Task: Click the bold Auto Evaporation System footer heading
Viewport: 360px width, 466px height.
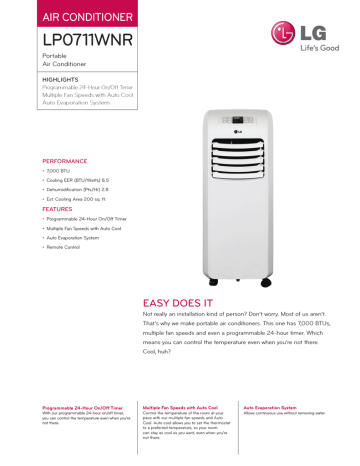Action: point(270,408)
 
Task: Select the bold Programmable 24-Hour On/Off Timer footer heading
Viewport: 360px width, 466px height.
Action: point(83,408)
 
